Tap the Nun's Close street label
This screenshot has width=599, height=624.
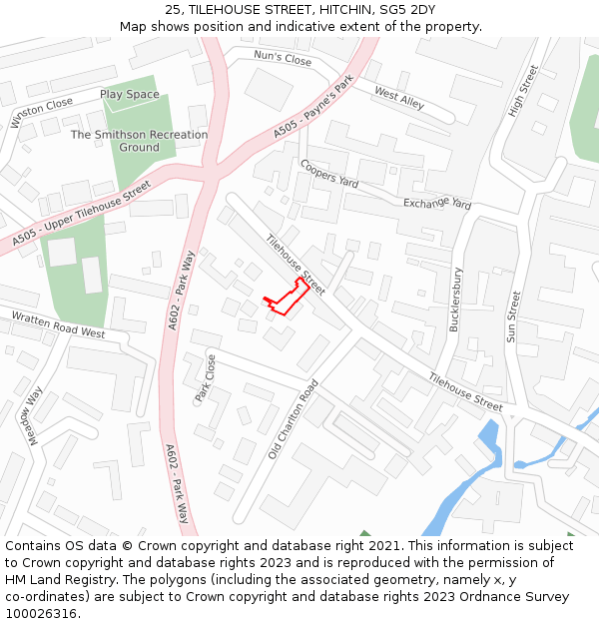point(283,59)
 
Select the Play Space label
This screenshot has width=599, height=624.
point(129,95)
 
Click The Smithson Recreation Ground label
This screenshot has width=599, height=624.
point(139,141)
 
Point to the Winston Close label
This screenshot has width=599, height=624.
point(42,113)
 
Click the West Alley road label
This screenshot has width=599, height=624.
point(399,97)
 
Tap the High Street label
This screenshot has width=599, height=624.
point(523,91)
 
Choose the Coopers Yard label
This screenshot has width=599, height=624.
point(328,174)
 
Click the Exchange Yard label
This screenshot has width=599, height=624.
point(436,204)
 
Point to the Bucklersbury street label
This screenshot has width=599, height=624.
point(455,300)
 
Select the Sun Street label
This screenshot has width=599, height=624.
point(513,316)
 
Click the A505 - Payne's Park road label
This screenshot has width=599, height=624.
point(313,111)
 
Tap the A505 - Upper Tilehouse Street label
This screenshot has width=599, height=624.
point(82,215)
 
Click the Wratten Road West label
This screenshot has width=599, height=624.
point(58,324)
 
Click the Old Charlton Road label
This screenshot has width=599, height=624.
point(293,419)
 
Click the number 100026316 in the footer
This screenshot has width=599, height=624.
point(42,613)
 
